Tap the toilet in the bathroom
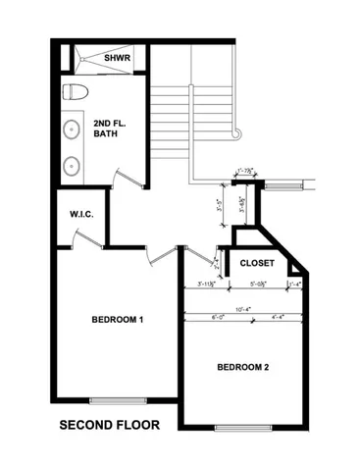(x=76, y=93)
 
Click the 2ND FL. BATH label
(x=110, y=131)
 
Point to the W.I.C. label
(x=80, y=214)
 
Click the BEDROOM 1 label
(x=118, y=320)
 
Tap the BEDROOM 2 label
(x=242, y=368)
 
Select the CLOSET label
(x=257, y=263)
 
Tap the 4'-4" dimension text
(x=276, y=317)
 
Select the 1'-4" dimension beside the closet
(x=295, y=285)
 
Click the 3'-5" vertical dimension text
(x=219, y=208)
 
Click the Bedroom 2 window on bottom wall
(x=239, y=429)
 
